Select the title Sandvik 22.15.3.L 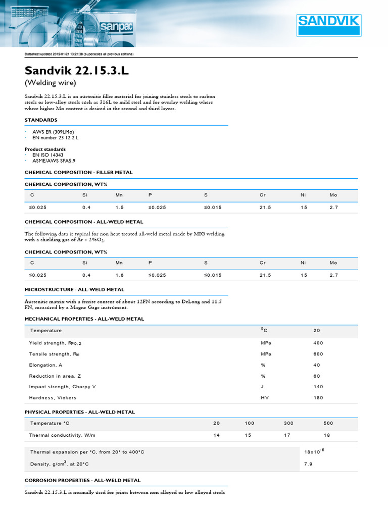point(76,71)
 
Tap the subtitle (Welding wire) point(50,83)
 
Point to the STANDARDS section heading point(41,120)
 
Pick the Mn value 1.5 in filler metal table point(119,208)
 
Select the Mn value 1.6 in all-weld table point(119,275)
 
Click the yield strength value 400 point(318,343)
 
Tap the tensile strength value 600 point(318,354)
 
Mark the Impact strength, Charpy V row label point(62,387)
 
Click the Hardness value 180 point(318,398)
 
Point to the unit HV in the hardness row point(264,398)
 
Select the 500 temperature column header point(328,423)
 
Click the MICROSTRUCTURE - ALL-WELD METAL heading point(74,290)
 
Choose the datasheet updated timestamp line point(79,54)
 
